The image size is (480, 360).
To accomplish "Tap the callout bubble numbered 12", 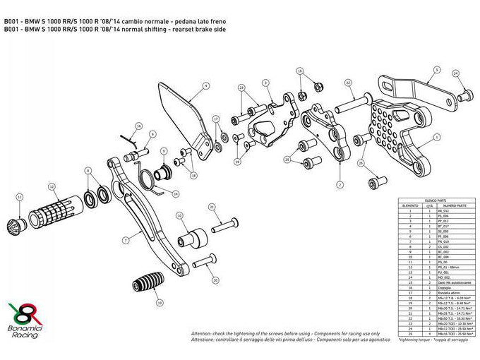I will (x=52, y=187).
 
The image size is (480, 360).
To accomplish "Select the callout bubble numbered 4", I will (x=206, y=86).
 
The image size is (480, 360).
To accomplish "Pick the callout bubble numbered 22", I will (x=349, y=83).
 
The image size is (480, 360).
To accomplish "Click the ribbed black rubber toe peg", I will (x=145, y=290).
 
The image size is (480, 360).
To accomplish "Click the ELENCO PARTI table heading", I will (x=433, y=201).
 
